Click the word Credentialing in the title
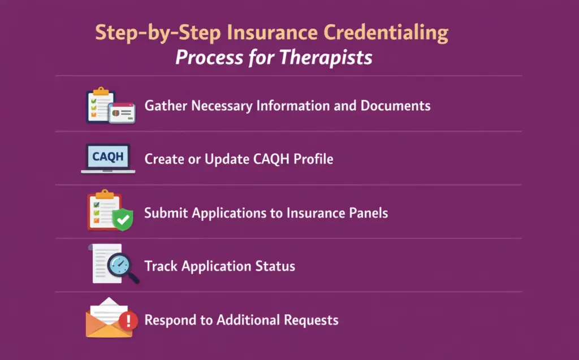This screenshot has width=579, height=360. pos(387,33)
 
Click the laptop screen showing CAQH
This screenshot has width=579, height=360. pos(107,156)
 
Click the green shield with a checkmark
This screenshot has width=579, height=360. pos(122,219)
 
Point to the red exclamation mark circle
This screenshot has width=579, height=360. pos(129,321)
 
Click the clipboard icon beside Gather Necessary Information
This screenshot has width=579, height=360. pos(100,105)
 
